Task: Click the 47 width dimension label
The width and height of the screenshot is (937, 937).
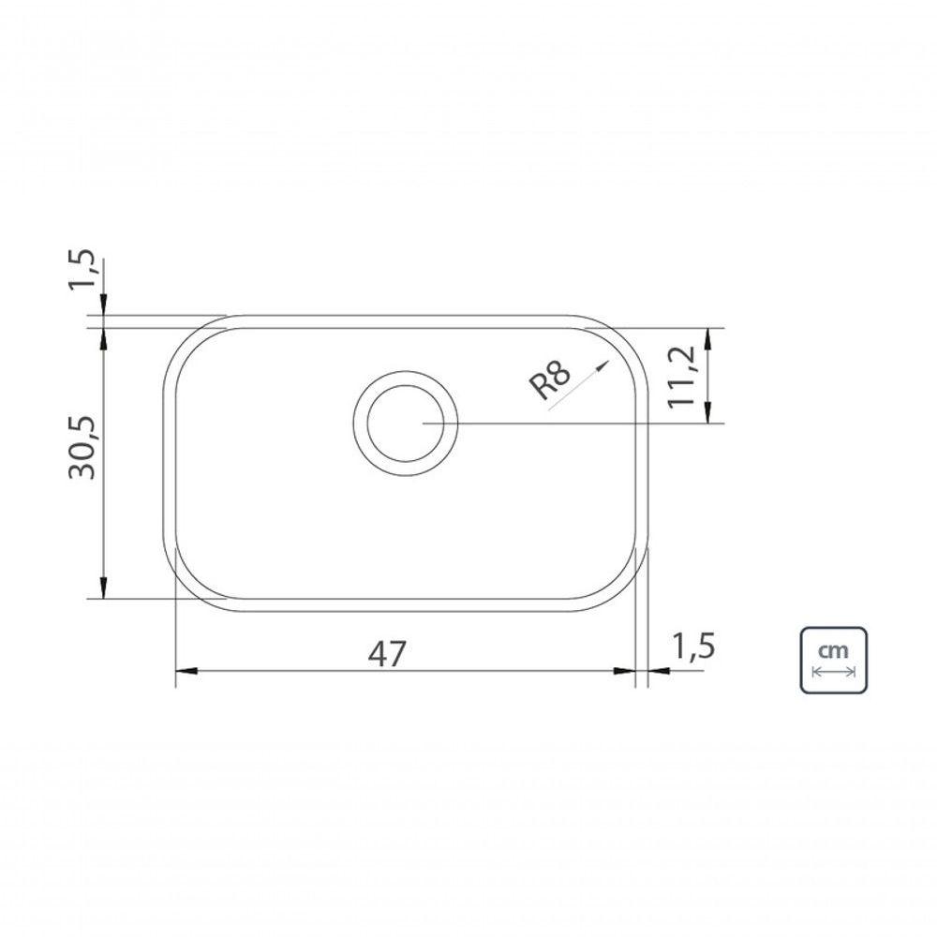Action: click(x=387, y=654)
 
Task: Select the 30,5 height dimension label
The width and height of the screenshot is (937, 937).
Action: click(x=82, y=448)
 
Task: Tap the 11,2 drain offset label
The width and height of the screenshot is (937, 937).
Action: click(x=681, y=377)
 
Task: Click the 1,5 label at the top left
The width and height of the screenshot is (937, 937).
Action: click(x=82, y=269)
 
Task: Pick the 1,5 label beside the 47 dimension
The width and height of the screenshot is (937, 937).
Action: click(x=693, y=646)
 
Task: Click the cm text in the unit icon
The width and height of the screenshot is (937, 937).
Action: click(x=833, y=649)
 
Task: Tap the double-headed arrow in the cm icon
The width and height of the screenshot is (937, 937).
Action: click(x=834, y=672)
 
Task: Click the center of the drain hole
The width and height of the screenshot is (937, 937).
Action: click(x=405, y=424)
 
